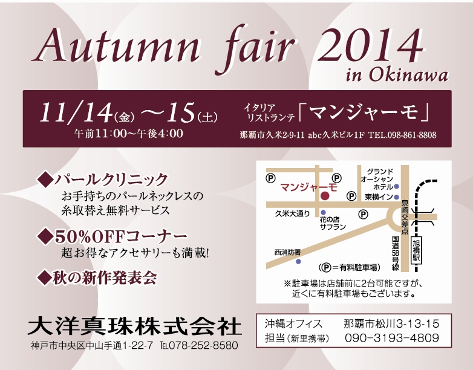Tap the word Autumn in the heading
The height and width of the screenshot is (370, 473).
pyautogui.click(x=116, y=46)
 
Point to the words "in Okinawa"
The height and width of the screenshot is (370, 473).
pyautogui.click(x=396, y=74)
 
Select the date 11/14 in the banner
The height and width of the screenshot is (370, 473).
pyautogui.click(x=76, y=112)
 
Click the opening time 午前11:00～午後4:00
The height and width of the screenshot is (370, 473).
pyautogui.click(x=128, y=134)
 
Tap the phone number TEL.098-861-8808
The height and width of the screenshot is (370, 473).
pyautogui.click(x=402, y=135)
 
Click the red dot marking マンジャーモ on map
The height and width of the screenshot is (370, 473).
pyautogui.click(x=325, y=196)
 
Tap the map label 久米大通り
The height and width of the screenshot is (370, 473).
pyautogui.click(x=292, y=214)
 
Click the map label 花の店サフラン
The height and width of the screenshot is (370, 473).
pyautogui.click(x=333, y=223)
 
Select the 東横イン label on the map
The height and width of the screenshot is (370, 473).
pyautogui.click(x=379, y=197)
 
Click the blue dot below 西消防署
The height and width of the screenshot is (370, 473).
pyautogui.click(x=298, y=262)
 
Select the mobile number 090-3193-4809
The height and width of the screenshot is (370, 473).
pyautogui.click(x=392, y=338)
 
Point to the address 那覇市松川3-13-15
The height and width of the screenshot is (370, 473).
pyautogui.click(x=391, y=324)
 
